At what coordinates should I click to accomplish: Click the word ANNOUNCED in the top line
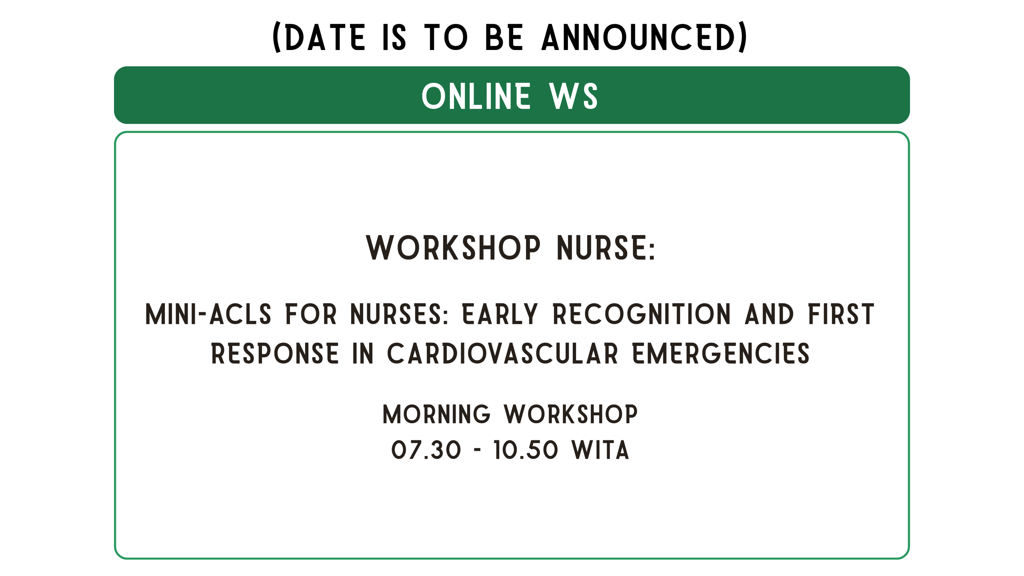click(639, 37)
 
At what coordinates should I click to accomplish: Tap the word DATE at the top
click(325, 37)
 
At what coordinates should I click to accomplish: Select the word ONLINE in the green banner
click(476, 96)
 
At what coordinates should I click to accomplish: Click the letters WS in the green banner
click(573, 96)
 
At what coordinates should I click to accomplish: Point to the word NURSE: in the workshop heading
click(606, 248)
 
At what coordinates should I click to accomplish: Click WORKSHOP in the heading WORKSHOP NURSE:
click(453, 248)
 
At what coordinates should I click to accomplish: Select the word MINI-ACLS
click(208, 314)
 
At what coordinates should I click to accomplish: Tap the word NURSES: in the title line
click(399, 314)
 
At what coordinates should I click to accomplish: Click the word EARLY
click(500, 314)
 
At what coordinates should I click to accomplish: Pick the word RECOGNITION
click(642, 314)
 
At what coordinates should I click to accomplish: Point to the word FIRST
click(841, 314)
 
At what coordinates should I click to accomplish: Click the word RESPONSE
click(275, 354)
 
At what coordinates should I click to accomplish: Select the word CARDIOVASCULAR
click(502, 354)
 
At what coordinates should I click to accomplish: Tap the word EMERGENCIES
click(721, 354)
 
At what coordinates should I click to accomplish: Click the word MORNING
click(436, 414)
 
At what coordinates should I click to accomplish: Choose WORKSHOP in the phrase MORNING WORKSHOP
click(571, 414)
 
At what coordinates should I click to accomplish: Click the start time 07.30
click(426, 450)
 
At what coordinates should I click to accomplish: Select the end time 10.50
click(526, 450)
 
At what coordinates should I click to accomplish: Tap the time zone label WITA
click(600, 450)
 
